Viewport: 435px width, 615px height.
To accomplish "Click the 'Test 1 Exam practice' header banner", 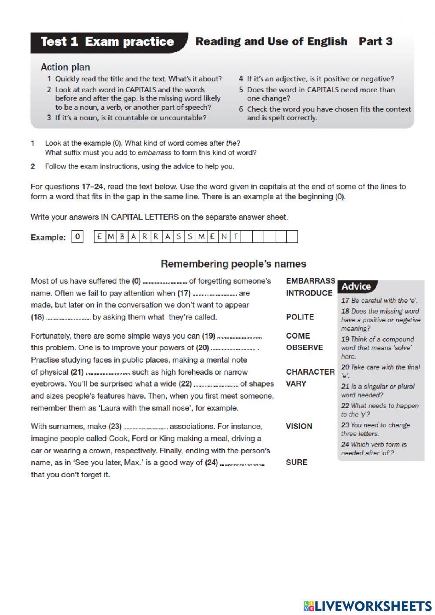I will [x=107, y=42].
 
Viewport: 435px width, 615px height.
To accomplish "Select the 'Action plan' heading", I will [x=65, y=67].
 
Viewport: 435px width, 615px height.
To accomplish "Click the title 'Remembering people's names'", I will [x=233, y=264].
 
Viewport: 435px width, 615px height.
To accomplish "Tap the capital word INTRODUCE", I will [x=309, y=293].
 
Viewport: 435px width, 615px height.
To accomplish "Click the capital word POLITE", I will [x=300, y=317].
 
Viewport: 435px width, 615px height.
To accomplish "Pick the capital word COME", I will [x=298, y=336].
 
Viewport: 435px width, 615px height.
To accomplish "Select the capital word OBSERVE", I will [x=304, y=347].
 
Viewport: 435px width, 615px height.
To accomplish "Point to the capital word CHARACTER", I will [x=310, y=372].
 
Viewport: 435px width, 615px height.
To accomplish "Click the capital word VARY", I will [x=296, y=383].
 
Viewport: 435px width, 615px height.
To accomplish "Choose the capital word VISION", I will [x=299, y=426].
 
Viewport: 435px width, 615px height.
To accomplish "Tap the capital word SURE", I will [x=296, y=462].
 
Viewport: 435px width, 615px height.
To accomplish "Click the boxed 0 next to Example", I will [x=77, y=237].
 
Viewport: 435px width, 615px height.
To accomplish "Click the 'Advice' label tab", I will [x=356, y=286].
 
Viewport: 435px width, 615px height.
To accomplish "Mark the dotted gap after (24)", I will [x=242, y=464].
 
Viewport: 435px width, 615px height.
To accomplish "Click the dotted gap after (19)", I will [x=239, y=337].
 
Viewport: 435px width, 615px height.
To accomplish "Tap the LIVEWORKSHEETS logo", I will [x=368, y=605].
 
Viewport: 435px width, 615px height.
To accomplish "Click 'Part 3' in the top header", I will [x=375, y=42].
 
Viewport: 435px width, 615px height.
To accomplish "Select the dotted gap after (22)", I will [x=216, y=385].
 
